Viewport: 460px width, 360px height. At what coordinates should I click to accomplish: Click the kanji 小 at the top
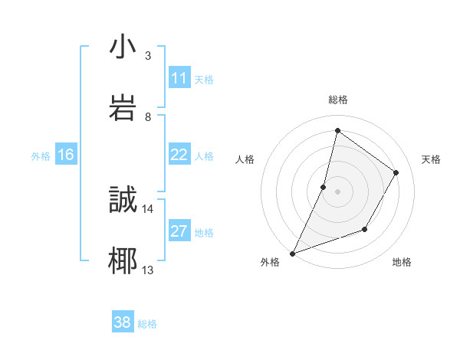point(123,47)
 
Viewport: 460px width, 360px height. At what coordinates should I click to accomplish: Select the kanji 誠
point(123,200)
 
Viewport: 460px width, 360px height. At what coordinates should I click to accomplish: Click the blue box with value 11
point(179,78)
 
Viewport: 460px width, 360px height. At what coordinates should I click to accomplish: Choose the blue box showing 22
point(179,155)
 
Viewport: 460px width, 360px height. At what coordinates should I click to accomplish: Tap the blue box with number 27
point(179,231)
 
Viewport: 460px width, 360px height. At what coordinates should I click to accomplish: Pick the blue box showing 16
point(66,155)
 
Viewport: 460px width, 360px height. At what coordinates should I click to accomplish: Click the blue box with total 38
point(123,322)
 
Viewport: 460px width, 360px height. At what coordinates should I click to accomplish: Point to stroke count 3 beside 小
point(147,56)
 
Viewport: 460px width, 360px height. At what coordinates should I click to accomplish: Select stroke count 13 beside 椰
point(147,270)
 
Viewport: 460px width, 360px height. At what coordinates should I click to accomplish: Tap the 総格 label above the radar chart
point(338,100)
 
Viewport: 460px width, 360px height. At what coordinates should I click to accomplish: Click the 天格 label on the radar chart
point(431,159)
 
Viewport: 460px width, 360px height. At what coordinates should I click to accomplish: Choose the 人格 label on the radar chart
point(245,159)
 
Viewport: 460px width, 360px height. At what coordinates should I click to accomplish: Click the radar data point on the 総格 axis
point(337,130)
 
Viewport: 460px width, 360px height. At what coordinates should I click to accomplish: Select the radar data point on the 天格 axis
point(396,172)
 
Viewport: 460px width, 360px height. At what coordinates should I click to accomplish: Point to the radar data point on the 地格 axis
point(365,229)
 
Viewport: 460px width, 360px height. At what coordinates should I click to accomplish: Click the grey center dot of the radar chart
point(337,191)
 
